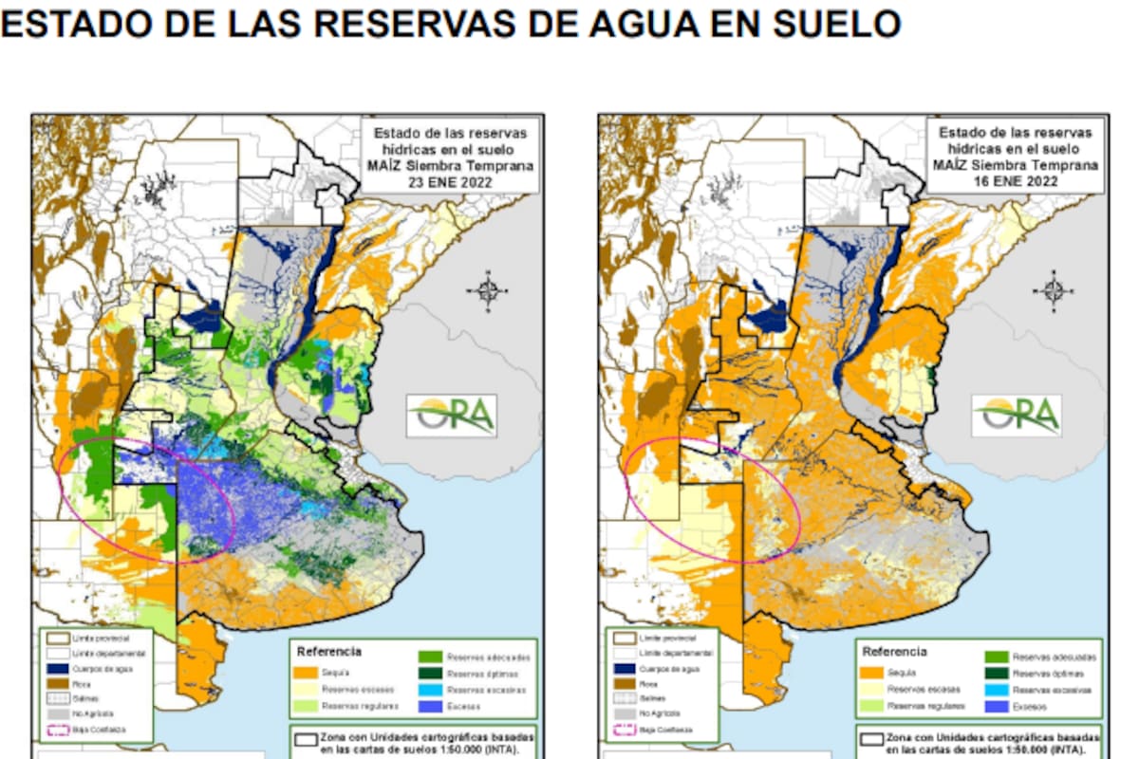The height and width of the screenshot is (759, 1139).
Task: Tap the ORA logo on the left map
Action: (452, 416)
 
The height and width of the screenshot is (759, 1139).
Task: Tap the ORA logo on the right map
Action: (1016, 416)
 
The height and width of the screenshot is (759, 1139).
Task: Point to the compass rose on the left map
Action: (488, 288)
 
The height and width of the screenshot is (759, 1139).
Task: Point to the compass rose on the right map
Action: (1053, 288)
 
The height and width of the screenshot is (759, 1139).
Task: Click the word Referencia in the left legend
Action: (328, 652)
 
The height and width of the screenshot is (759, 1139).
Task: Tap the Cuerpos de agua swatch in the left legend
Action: (56, 669)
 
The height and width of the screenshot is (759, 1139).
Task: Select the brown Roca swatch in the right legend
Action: (622, 683)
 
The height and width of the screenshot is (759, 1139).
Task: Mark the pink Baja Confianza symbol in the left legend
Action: (56, 730)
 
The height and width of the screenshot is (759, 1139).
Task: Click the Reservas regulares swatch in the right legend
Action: (870, 707)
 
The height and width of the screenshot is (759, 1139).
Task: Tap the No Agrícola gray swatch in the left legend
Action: (56, 714)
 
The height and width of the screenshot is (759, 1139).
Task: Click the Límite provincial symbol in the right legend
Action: (622, 639)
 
